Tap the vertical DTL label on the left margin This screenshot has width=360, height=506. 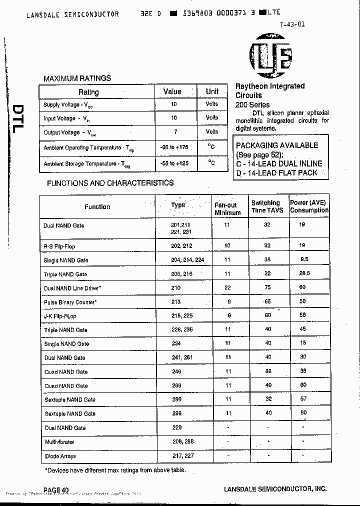(17, 118)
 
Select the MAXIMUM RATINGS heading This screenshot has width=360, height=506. (77, 78)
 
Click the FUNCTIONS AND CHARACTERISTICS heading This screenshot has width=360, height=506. (110, 183)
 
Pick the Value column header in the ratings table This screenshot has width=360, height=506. (172, 91)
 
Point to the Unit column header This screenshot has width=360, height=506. (212, 91)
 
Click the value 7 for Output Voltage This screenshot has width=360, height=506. (174, 131)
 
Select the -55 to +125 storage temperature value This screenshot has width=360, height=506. (174, 163)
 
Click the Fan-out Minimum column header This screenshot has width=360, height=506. (227, 208)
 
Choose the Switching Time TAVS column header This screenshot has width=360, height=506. (267, 206)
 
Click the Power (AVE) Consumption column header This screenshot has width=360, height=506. (309, 206)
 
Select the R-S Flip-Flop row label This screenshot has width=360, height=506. (59, 246)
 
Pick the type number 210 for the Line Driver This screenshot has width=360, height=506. (175, 288)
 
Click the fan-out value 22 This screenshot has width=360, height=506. (227, 288)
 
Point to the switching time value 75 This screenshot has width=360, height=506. (267, 288)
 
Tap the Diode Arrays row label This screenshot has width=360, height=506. (61, 456)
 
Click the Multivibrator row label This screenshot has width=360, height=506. (58, 442)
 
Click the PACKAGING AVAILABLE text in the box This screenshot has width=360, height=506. (276, 145)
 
